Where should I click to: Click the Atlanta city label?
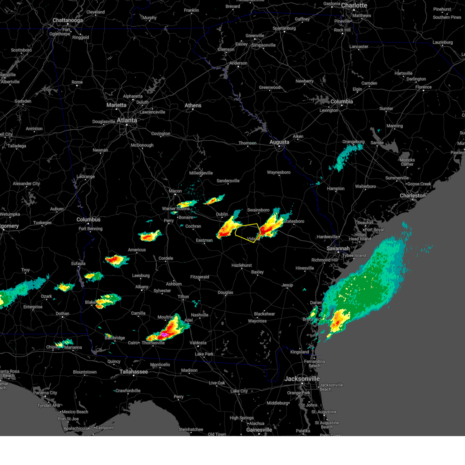(x=127, y=121)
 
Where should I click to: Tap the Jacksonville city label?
(x=302, y=379)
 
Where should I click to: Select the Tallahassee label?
(x=134, y=372)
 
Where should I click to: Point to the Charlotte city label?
(x=354, y=5)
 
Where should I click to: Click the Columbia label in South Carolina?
(x=342, y=102)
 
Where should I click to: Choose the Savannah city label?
(x=338, y=248)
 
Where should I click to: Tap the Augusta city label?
(x=279, y=142)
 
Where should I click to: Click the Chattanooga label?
(x=68, y=20)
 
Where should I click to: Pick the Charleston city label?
(x=413, y=196)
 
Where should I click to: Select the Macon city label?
(x=175, y=191)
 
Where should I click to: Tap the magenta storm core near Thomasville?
(x=164, y=334)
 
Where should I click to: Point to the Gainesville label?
(x=259, y=430)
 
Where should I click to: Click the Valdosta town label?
(x=198, y=343)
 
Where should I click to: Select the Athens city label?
(x=193, y=105)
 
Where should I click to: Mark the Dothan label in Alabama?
(x=62, y=313)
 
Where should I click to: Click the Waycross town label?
(x=257, y=321)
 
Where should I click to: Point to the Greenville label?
(x=255, y=36)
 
